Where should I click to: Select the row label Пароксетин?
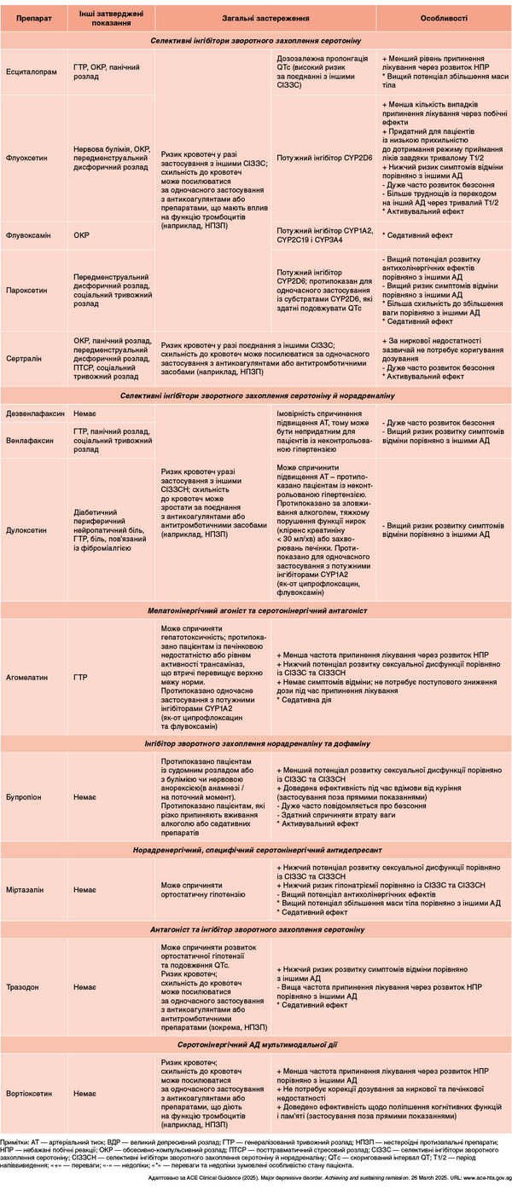tap(26, 289)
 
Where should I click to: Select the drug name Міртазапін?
tap(26, 889)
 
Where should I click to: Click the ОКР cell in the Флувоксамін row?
tap(82, 234)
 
